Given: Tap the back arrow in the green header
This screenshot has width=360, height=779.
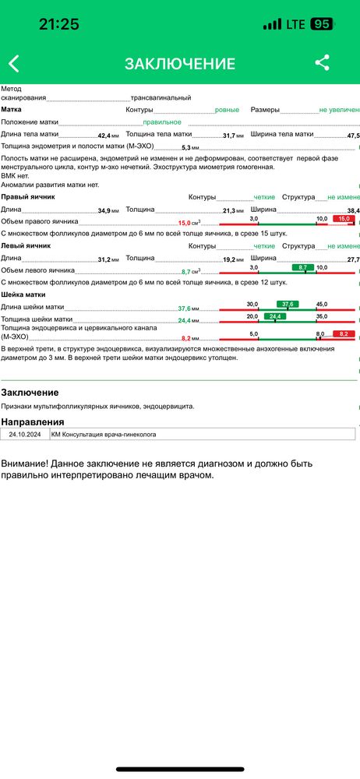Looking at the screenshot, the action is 13,64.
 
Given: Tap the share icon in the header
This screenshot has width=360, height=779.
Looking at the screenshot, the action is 322,63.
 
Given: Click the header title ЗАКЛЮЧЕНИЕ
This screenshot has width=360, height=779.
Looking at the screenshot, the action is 179,64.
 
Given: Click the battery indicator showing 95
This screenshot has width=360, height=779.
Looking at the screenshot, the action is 320,24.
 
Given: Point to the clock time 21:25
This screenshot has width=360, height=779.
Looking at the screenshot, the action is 58,24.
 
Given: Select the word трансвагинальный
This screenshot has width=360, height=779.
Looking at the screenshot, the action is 161,98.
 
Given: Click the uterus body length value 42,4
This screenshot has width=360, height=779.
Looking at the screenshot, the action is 104,136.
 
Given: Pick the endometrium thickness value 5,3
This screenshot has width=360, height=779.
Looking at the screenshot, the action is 186,147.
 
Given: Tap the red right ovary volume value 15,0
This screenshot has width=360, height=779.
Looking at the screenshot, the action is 185,223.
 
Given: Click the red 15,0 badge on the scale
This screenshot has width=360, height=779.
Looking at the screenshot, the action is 343,220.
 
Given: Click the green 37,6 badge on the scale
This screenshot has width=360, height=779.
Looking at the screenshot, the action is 288,305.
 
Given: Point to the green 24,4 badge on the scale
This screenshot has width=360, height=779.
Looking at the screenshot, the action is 274,316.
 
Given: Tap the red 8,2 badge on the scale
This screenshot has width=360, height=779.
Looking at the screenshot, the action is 343,334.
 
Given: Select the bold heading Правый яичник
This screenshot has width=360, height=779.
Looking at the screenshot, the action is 27,198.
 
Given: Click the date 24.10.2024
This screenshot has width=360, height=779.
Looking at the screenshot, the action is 25,435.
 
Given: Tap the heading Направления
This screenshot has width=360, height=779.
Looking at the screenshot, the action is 33,421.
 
